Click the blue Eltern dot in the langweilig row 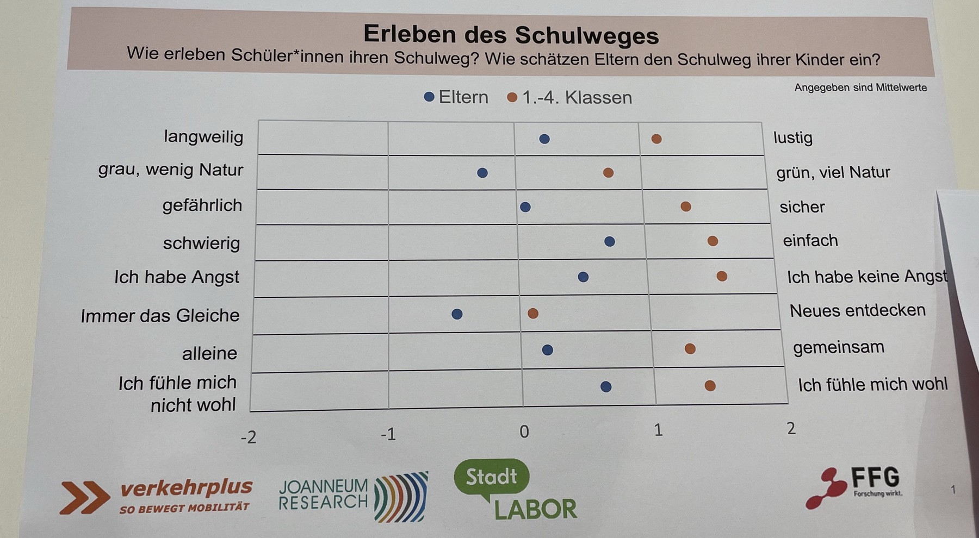coord(544,139)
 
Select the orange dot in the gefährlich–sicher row coord(686,207)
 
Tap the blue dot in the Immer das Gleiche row coord(457,314)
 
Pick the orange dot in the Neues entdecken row coord(533,314)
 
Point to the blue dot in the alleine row coord(548,350)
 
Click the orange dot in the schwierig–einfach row coord(712,241)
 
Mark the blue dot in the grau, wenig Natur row coord(482,173)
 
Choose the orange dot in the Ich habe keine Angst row coord(722,277)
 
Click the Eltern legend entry coord(456,97)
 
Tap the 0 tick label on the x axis coord(524,431)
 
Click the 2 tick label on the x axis coord(791,428)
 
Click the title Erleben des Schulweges coord(511,35)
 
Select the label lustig coord(793,137)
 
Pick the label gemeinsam coord(838,347)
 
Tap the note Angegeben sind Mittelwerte coord(860,87)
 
